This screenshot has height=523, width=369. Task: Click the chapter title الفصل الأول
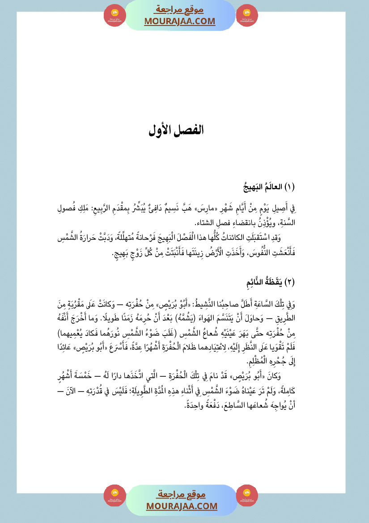(x=176, y=130)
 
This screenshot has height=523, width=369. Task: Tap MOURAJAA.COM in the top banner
(x=180, y=21)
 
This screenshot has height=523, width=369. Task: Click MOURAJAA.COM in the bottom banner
(x=182, y=506)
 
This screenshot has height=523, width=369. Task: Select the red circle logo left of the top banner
(x=115, y=15)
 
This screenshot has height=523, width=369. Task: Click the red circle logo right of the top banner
(x=247, y=15)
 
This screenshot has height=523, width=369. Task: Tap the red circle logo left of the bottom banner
(x=115, y=496)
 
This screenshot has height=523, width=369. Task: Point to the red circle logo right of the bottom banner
(x=247, y=496)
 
